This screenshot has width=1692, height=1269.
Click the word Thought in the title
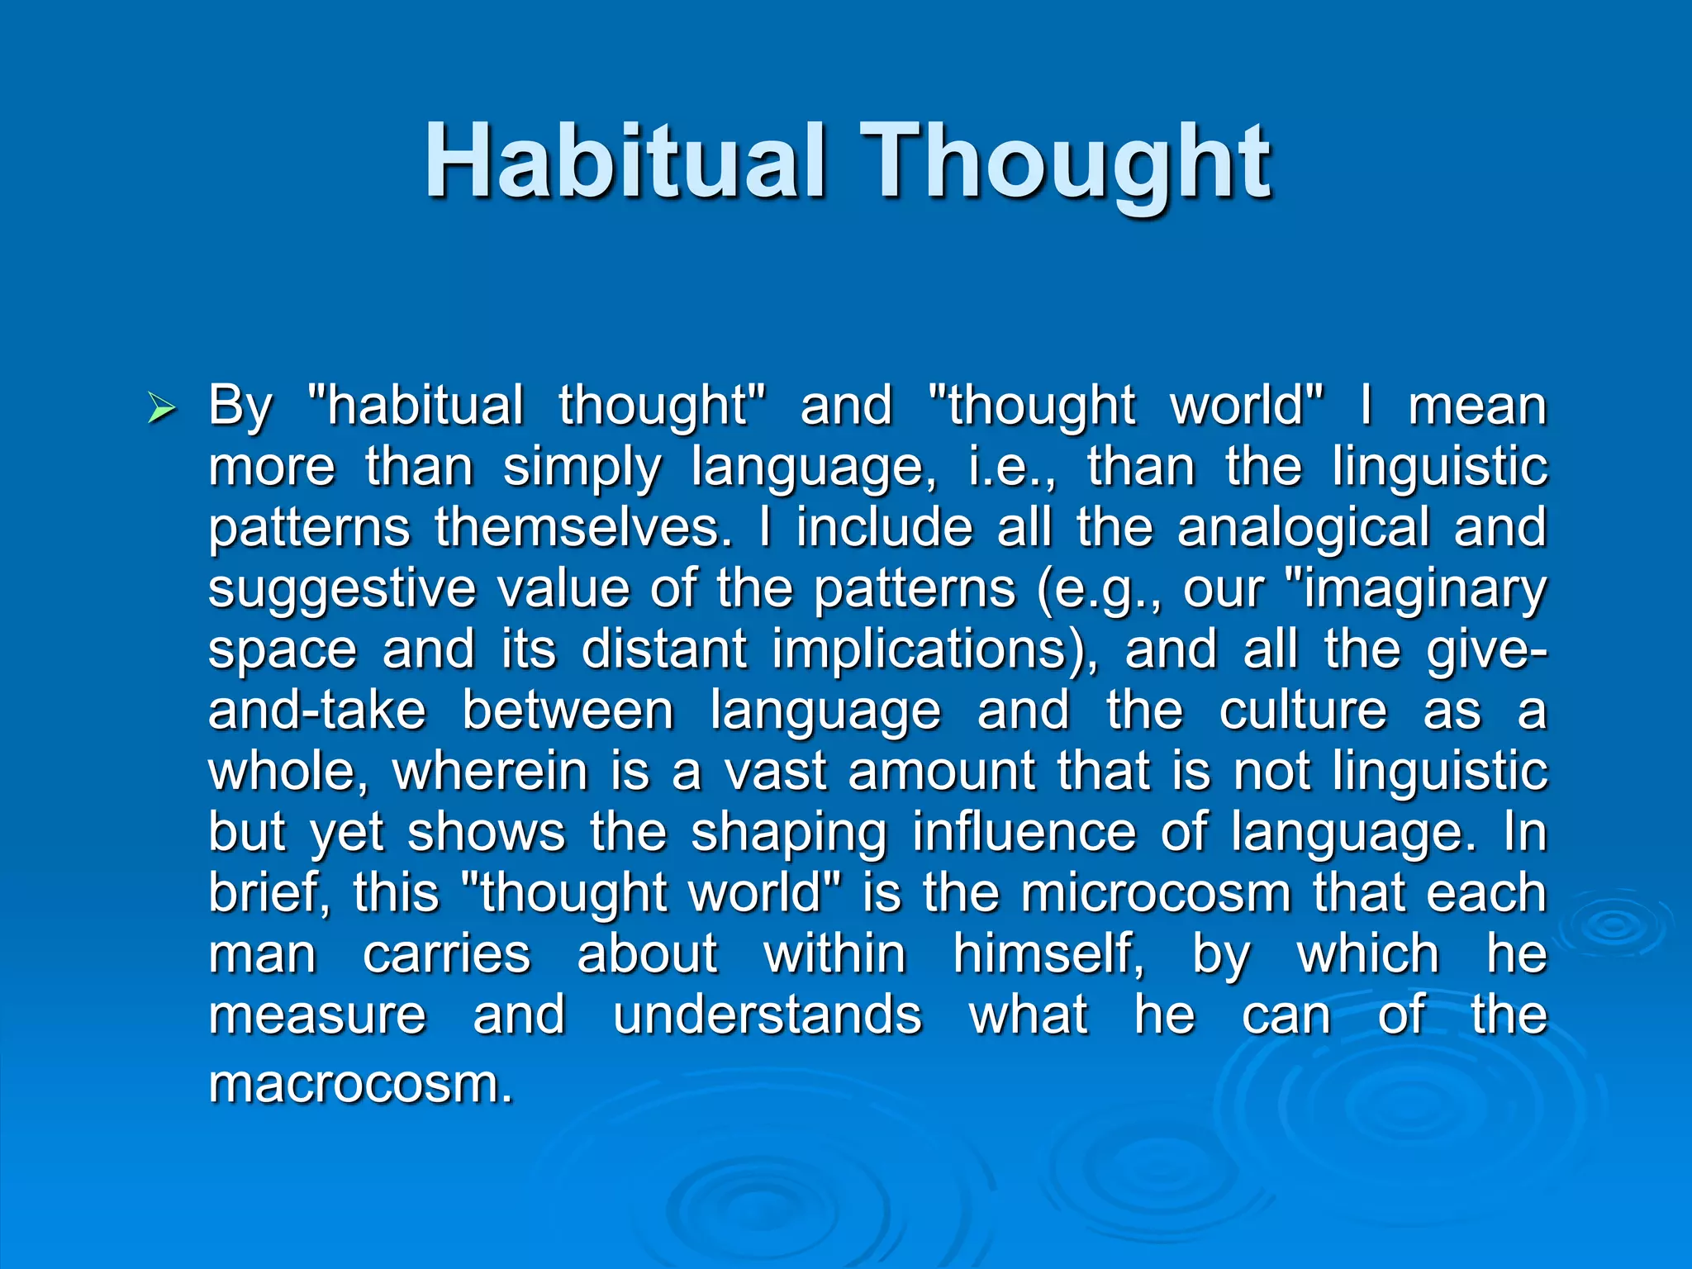pos(1066,161)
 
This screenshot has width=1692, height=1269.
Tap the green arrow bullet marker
pos(160,408)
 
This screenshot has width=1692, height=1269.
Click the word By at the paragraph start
pos(240,406)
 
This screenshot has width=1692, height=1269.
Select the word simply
pos(582,468)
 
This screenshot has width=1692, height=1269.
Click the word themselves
pos(583,529)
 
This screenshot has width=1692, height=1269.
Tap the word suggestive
pos(342,590)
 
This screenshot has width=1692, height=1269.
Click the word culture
pos(1303,711)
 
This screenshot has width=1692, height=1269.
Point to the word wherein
pos(491,772)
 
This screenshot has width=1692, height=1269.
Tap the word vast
pos(775,772)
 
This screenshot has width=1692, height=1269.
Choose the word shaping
pos(789,833)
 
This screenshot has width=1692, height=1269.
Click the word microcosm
pos(1155,894)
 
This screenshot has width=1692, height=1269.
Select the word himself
pos(1048,955)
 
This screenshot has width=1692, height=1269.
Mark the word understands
pos(767,1015)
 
